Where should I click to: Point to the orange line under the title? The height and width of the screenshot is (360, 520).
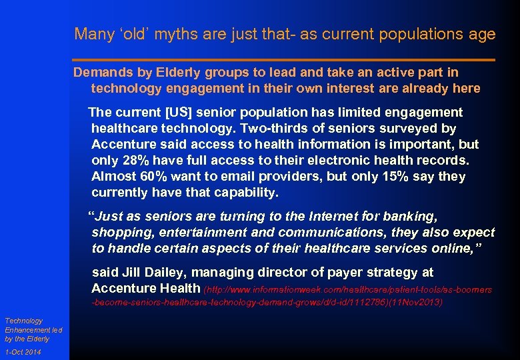click(x=284, y=60)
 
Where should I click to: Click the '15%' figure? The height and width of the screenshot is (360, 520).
click(x=393, y=177)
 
